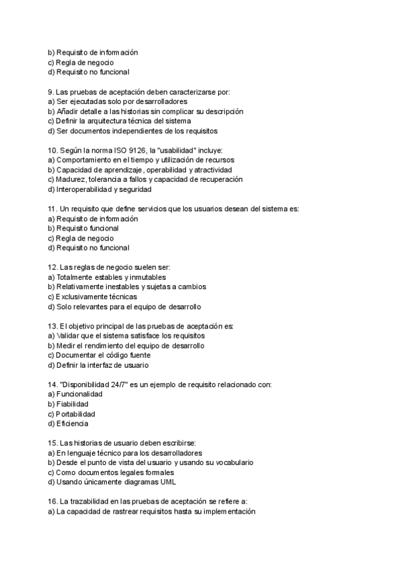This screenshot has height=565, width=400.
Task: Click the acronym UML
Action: click(167, 482)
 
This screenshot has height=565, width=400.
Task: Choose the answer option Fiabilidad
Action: click(73, 404)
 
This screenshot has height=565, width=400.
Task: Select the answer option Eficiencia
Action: click(73, 423)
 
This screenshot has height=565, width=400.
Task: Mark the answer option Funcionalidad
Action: click(80, 394)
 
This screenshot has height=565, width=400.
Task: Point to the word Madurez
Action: click(71, 179)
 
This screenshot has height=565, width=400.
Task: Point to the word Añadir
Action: click(69, 111)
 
